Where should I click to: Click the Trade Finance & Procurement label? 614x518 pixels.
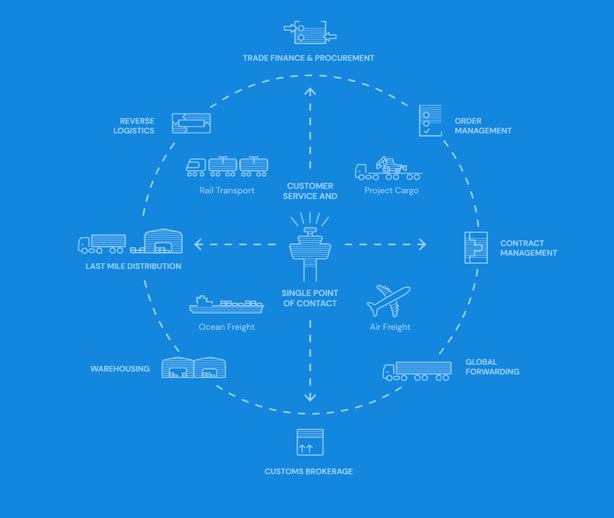pos(308,58)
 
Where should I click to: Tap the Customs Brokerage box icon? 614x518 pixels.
pos(310,442)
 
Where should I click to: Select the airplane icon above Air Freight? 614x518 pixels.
pos(389,300)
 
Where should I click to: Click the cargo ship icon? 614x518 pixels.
pos(226,305)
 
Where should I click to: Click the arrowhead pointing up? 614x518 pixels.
pos(310,92)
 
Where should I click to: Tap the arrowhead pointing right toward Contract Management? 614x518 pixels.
pos(422,244)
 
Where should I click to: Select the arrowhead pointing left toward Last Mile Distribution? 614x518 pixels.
pos(198,244)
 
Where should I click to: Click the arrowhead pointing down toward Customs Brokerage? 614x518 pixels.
pos(310,397)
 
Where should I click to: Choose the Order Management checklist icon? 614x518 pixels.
pos(430,120)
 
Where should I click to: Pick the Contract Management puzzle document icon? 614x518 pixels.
pos(476,247)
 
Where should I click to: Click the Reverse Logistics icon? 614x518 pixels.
pos(191,123)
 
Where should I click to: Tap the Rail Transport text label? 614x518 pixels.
pos(227,190)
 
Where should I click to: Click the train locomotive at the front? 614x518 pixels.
pos(196,167)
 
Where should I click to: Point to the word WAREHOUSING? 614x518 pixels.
pos(120,369)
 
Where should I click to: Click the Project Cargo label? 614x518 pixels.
pos(391,190)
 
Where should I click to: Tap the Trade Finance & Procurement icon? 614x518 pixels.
pos(310,32)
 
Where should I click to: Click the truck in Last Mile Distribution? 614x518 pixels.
pos(102,244)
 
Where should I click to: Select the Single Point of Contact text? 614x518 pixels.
pos(310,298)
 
